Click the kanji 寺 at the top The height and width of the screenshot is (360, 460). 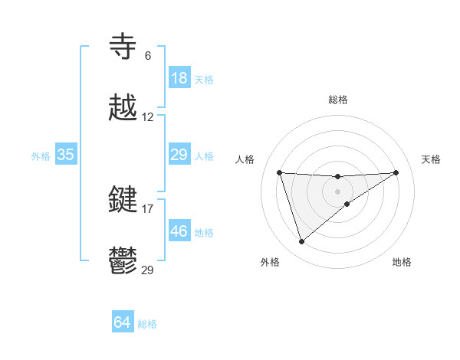click(x=124, y=47)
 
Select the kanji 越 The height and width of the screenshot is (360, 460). click(x=124, y=108)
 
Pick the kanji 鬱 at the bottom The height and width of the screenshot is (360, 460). click(x=124, y=260)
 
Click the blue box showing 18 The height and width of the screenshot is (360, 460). click(x=179, y=78)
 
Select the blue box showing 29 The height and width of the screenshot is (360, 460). click(x=179, y=155)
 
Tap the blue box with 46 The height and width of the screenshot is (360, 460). click(x=179, y=231)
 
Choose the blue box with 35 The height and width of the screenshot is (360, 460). click(x=66, y=155)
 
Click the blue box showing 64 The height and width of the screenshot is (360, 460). click(x=123, y=322)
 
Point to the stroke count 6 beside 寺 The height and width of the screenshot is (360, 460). click(x=148, y=56)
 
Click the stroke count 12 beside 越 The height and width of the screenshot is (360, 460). click(x=148, y=117)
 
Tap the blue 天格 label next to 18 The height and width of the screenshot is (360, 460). click(x=204, y=79)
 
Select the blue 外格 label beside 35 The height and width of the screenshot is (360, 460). click(x=41, y=155)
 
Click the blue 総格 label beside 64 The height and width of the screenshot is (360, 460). click(x=147, y=324)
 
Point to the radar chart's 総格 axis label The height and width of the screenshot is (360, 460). click(x=338, y=100)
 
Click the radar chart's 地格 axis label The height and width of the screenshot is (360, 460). click(x=402, y=262)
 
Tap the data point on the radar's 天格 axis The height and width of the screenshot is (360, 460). click(x=396, y=172)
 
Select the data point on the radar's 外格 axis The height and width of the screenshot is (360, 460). click(x=301, y=242)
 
